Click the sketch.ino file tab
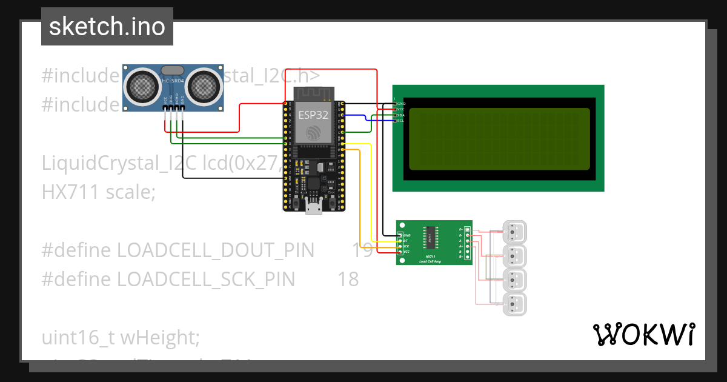pos(107,27)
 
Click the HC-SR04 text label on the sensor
pos(173,81)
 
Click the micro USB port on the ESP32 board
pos(314,207)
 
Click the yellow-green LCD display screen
pos(499,139)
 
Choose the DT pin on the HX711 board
pos(400,240)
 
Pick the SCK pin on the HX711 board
pos(400,246)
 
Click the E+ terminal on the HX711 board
pos(467,229)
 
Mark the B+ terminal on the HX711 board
pos(467,257)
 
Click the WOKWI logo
pos(643,334)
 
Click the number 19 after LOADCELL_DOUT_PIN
pos(363,250)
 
